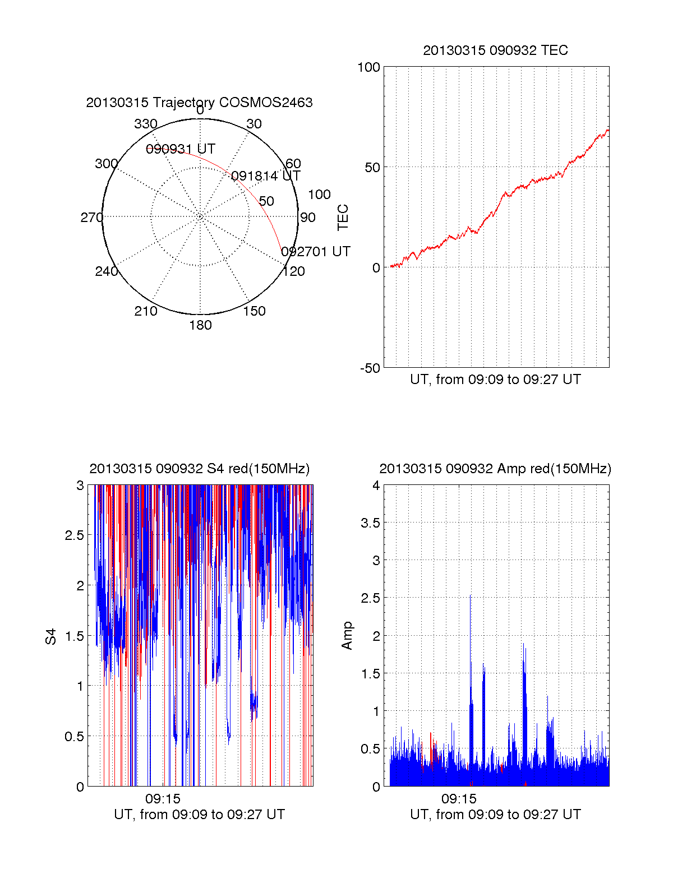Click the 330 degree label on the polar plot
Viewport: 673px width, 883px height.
click(x=146, y=124)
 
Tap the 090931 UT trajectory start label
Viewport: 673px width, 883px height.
click(x=181, y=149)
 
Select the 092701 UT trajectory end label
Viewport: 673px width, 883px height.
click(x=316, y=252)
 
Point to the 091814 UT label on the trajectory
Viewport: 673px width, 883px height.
click(x=266, y=176)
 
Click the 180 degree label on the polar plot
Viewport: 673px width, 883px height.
click(x=200, y=325)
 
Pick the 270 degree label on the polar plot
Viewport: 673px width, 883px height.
click(x=91, y=218)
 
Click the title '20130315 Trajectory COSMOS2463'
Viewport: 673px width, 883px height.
click(x=199, y=103)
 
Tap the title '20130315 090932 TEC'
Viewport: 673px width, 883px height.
click(x=495, y=50)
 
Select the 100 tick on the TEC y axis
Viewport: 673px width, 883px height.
click(x=368, y=67)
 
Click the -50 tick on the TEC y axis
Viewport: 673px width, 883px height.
click(x=370, y=368)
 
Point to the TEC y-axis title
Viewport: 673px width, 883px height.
click(x=343, y=218)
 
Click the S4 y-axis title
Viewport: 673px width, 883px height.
click(x=51, y=636)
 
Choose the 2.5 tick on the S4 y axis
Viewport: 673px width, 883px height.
click(x=75, y=535)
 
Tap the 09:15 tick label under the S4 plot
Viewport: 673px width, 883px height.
click(x=163, y=798)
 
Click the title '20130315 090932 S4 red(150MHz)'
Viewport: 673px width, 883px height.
click(x=199, y=469)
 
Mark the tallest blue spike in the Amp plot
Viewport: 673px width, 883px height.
click(x=470, y=597)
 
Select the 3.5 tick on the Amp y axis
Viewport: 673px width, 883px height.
click(x=370, y=523)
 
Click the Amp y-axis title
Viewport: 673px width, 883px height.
click(x=347, y=635)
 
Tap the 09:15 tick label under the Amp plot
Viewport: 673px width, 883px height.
click(x=459, y=798)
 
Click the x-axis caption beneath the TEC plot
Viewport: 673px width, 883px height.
click(x=495, y=380)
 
